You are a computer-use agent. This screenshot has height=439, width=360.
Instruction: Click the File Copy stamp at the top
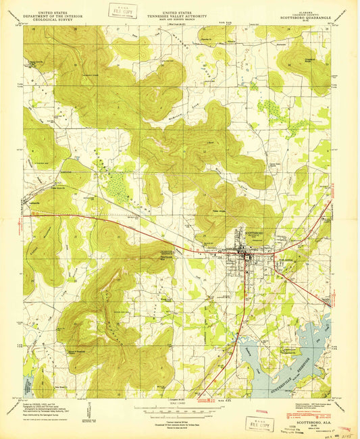[x=123, y=11]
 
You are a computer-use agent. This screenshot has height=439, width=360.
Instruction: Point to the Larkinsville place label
[x=38, y=203]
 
